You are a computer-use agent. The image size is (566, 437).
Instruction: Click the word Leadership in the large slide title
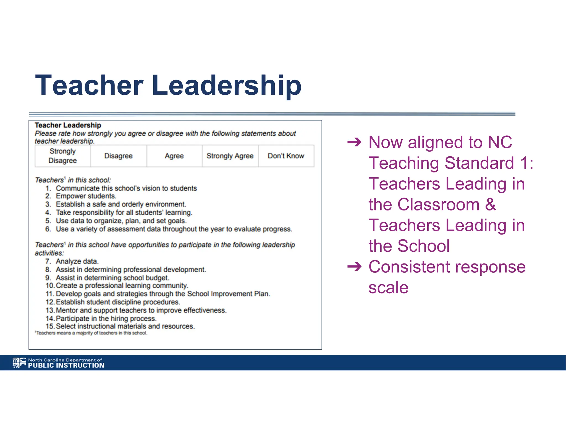pyautogui.click(x=226, y=86)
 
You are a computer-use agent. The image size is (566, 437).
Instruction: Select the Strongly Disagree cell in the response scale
pyautogui.click(x=63, y=156)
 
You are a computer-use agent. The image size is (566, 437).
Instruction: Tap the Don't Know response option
pyautogui.click(x=286, y=156)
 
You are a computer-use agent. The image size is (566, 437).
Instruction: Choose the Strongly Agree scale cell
pyautogui.click(x=230, y=156)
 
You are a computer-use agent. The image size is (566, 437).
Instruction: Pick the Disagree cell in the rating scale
pyautogui.click(x=118, y=156)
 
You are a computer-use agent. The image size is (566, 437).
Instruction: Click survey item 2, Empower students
pyautogui.click(x=86, y=196)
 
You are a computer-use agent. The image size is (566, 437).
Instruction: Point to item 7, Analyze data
pyautogui.click(x=77, y=261)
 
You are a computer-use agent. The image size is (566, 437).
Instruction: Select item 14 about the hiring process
pyautogui.click(x=106, y=318)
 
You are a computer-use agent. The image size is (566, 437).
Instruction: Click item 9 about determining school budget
pyautogui.click(x=112, y=278)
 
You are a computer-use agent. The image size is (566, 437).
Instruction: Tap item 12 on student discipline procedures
pyautogui.click(x=118, y=302)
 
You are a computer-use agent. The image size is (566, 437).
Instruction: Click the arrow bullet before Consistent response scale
pyautogui.click(x=354, y=267)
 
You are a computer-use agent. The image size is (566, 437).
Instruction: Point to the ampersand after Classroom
pyautogui.click(x=490, y=205)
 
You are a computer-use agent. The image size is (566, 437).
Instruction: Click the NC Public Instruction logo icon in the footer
pyautogui.click(x=19, y=363)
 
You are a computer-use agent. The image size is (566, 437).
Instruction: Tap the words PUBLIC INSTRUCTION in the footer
pyautogui.click(x=66, y=365)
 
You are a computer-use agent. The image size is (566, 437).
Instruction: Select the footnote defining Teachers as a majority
pyautogui.click(x=91, y=333)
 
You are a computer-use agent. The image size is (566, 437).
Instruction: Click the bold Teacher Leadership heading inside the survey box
pyautogui.click(x=68, y=125)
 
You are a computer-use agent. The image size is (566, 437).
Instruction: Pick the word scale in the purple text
pyautogui.click(x=388, y=288)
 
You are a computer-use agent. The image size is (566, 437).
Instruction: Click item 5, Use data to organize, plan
pyautogui.click(x=121, y=221)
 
